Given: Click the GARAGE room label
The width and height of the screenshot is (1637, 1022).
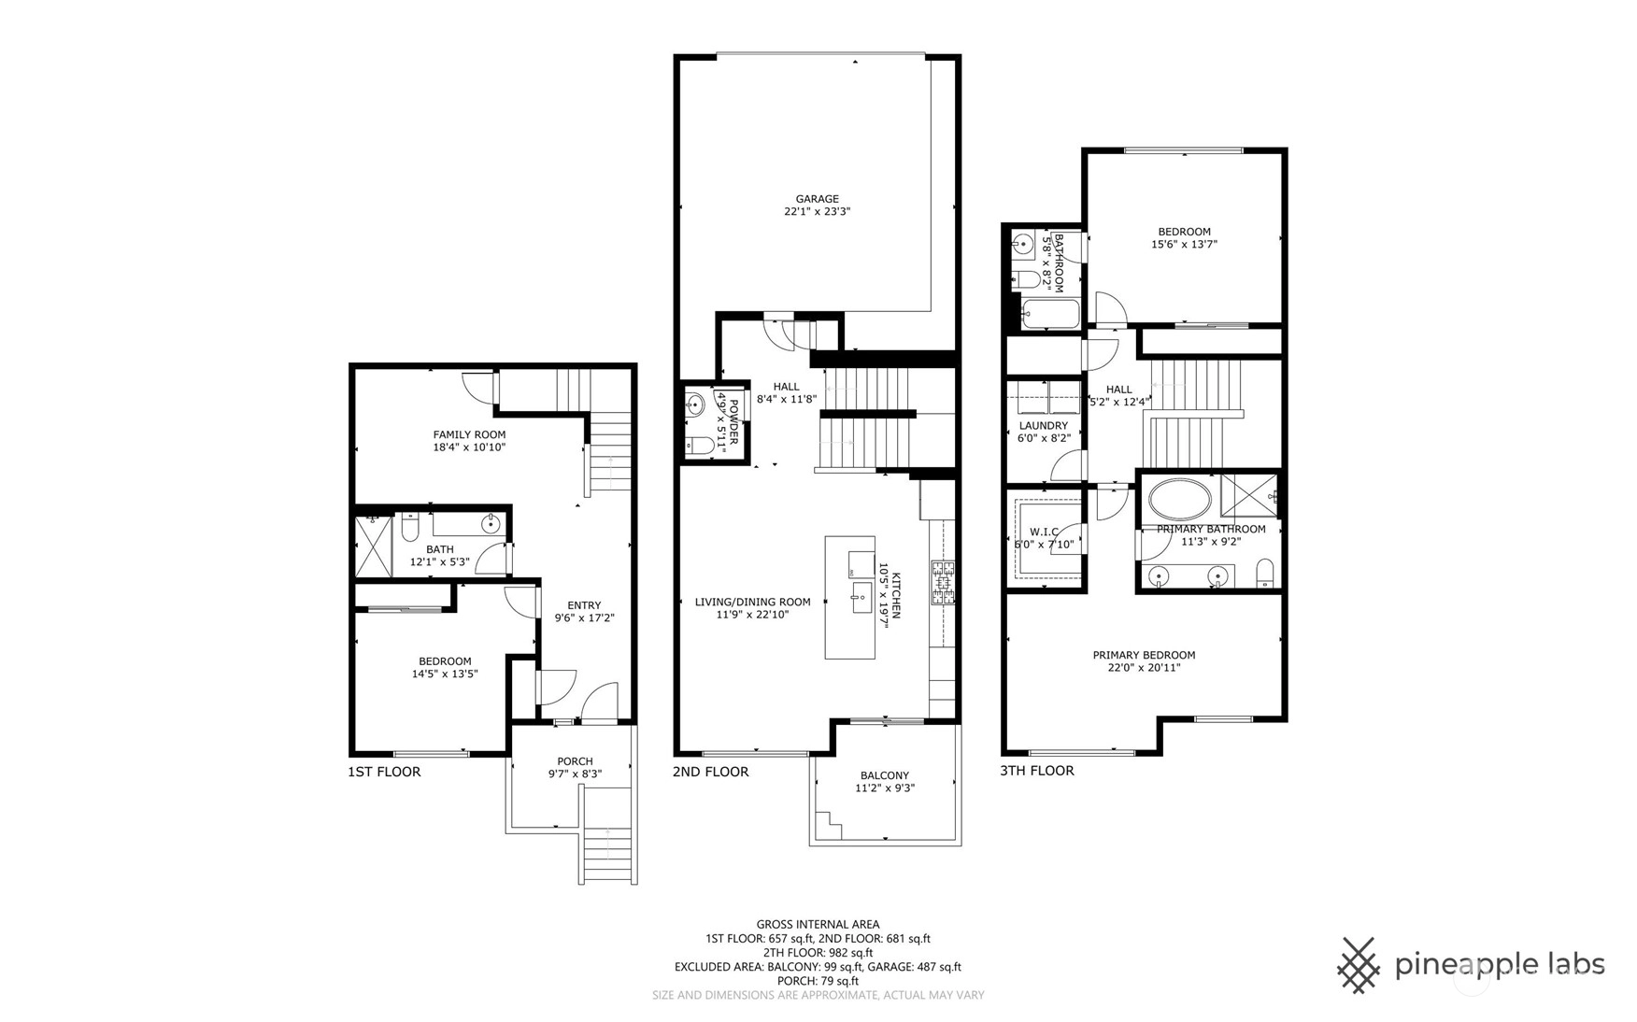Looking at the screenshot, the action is [817, 199].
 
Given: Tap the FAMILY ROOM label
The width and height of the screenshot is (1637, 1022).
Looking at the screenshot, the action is [469, 434].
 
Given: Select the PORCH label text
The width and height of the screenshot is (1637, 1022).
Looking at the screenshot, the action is [575, 761].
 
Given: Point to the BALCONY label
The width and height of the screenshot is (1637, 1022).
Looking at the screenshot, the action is [884, 775].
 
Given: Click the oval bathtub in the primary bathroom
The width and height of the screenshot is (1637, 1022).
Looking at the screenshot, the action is [1180, 500].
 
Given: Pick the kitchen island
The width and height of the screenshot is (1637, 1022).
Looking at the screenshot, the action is [849, 597].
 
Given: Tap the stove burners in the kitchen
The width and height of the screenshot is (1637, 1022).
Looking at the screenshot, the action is [943, 582].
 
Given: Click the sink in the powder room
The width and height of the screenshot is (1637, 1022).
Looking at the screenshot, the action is [694, 405].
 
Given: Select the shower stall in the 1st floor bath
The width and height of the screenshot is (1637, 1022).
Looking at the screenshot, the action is [374, 546].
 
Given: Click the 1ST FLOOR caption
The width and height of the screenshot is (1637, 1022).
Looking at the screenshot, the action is [384, 772].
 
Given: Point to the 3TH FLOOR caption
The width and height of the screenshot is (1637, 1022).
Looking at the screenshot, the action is [1037, 771].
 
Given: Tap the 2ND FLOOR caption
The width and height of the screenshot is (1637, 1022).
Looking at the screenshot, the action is [710, 772].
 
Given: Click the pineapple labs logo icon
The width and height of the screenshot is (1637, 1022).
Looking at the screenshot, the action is [1359, 965].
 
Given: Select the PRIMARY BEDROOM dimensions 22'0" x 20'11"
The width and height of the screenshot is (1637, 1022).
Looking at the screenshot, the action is [1144, 668].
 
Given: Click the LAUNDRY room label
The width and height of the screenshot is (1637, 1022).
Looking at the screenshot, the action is [1043, 426].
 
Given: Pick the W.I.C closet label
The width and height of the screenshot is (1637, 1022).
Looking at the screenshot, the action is [1045, 532].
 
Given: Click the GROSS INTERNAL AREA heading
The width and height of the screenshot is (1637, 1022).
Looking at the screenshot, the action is [818, 925].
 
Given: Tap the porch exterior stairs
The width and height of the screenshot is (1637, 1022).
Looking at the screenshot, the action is [609, 834].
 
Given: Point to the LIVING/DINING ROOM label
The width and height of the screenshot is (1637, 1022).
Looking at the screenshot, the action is [752, 603].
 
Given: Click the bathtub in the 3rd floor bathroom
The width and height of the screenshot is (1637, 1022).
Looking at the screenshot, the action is [1050, 314].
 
